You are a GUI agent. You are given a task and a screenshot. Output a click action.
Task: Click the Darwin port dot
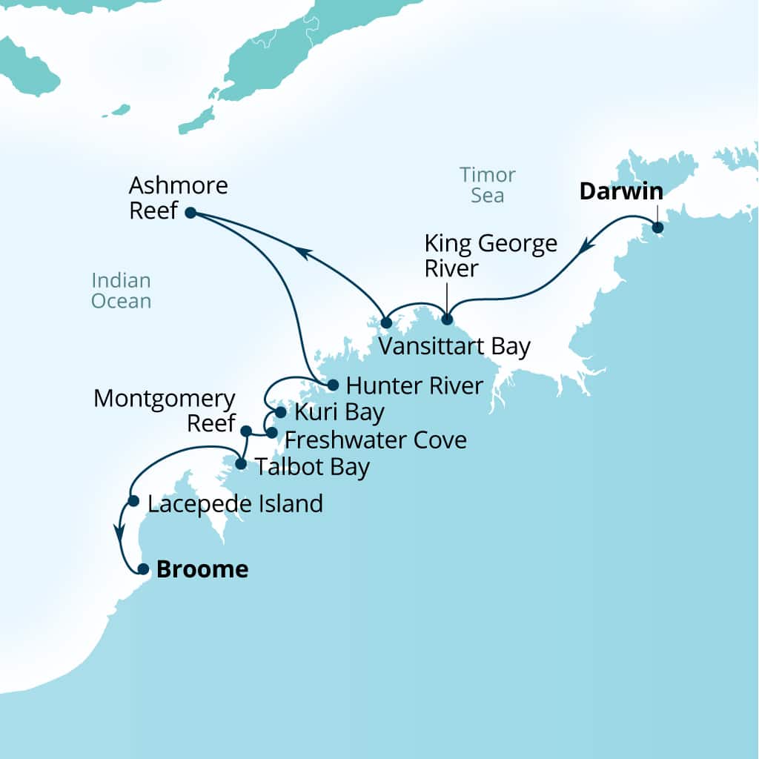[x=657, y=228]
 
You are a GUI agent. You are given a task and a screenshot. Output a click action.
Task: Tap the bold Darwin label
[x=621, y=191]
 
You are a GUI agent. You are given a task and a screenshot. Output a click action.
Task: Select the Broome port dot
[x=143, y=570]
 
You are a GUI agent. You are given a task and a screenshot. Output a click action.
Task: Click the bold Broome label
[x=202, y=570]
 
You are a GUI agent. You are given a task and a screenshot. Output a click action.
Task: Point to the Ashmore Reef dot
[x=190, y=213]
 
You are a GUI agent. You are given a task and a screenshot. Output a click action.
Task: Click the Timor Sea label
[x=487, y=185]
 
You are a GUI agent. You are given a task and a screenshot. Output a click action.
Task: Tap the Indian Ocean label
[x=121, y=291]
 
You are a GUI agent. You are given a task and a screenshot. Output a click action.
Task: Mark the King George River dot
[x=446, y=319]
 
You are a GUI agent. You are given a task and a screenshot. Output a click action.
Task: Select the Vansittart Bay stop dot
[x=385, y=322]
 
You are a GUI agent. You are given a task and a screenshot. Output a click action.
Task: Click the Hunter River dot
[x=333, y=385]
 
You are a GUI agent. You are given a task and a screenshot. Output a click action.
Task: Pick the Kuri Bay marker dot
[x=280, y=412]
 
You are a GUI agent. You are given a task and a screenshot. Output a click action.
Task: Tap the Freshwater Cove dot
[x=271, y=432]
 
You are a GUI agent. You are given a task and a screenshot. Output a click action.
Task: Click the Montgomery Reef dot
[x=246, y=430]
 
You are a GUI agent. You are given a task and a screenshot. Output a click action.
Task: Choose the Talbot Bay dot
[x=240, y=464]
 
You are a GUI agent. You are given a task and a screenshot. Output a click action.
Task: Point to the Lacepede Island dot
[x=133, y=501]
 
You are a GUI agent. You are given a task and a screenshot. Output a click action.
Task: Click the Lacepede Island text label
[x=235, y=504]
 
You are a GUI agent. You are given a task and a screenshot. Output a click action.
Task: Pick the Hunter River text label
[x=414, y=385]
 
